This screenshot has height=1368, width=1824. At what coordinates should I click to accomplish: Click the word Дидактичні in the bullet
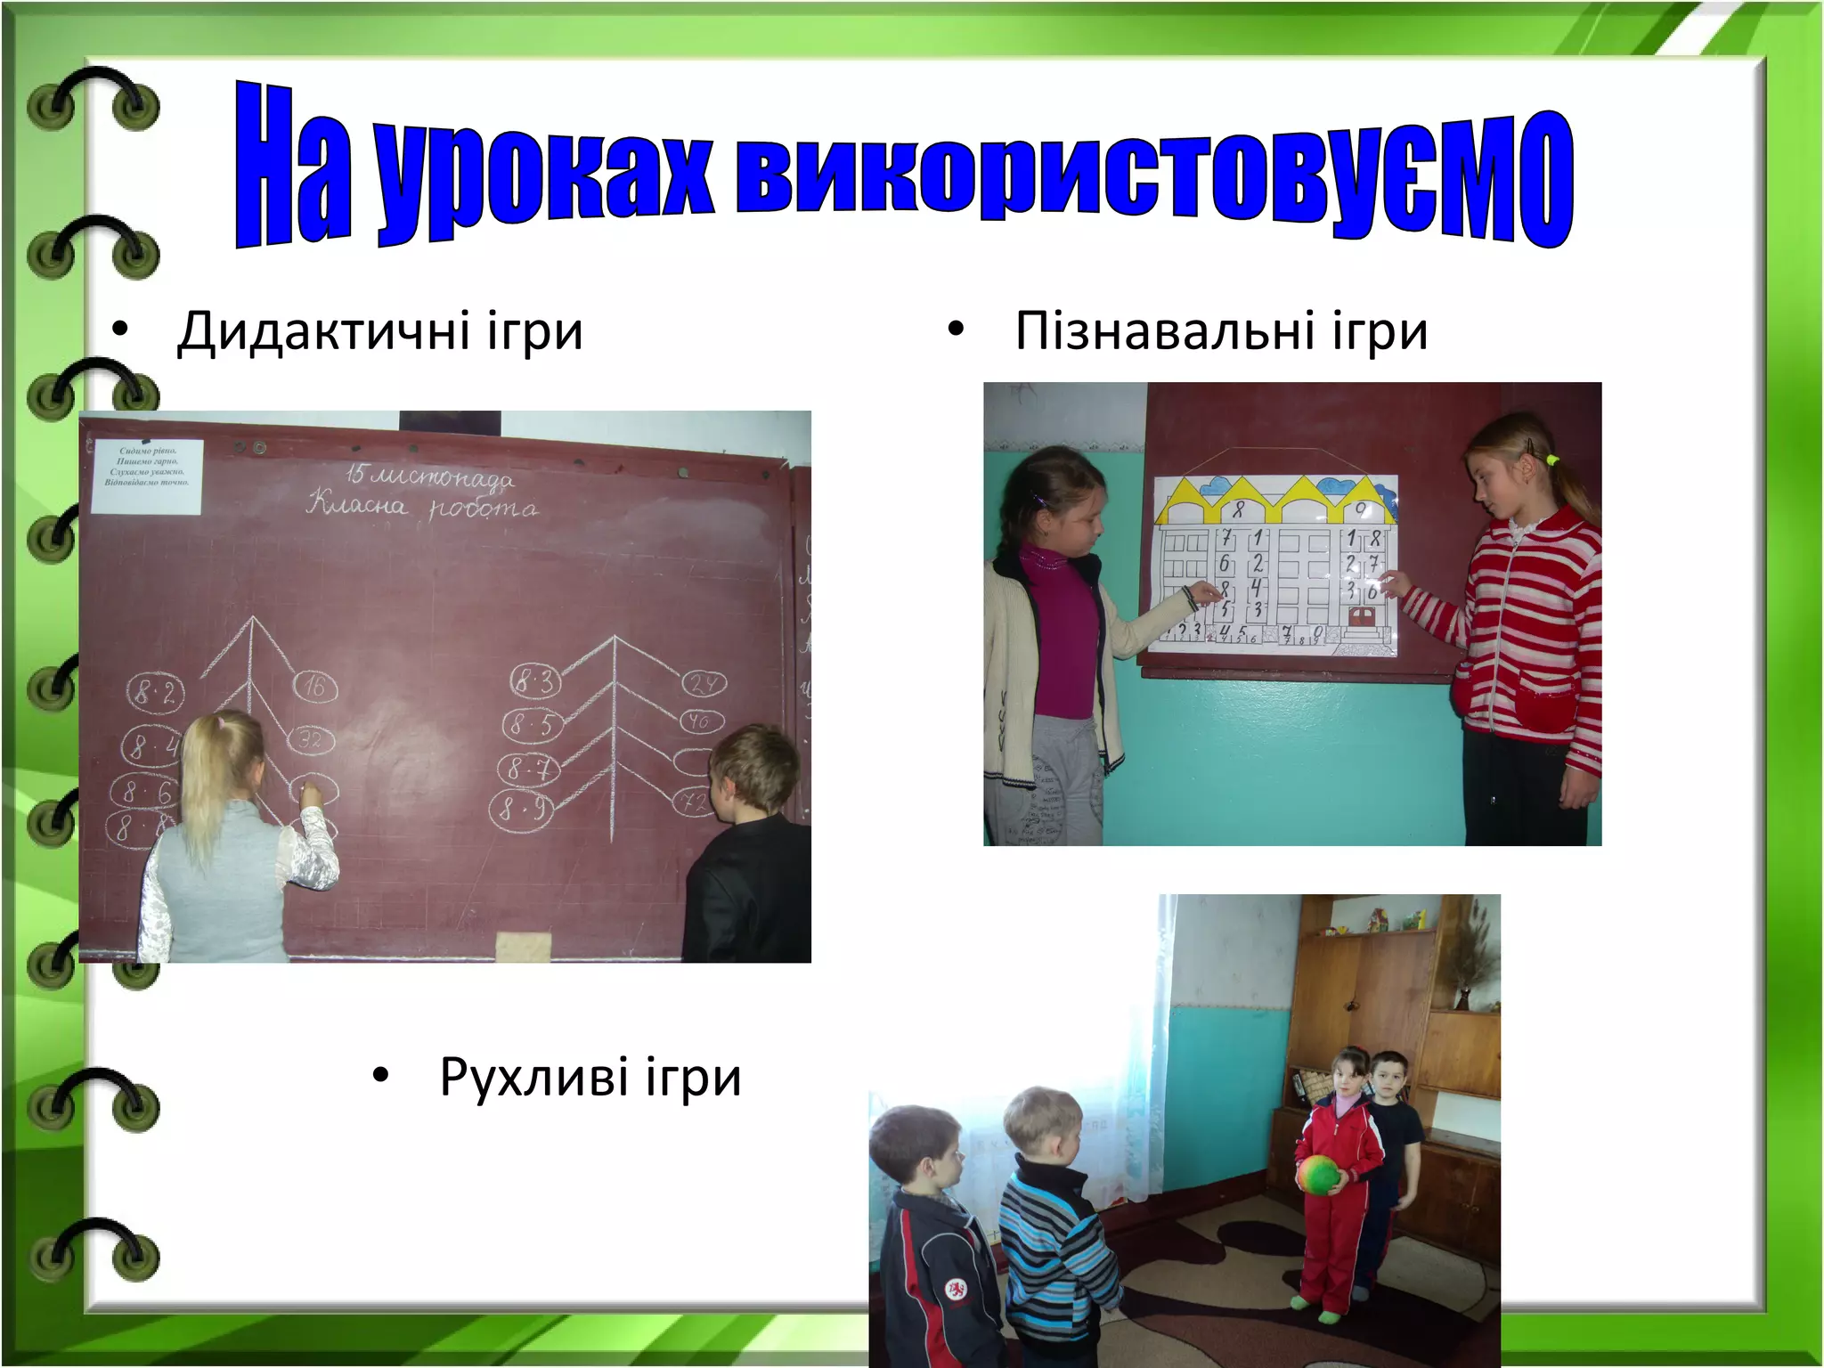pyautogui.click(x=323, y=332)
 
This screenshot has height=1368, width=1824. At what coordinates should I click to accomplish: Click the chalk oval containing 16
pyautogui.click(x=315, y=687)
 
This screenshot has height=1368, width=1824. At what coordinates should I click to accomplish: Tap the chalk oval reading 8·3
pyautogui.click(x=534, y=682)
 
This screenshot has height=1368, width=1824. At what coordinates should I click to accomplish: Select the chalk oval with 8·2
pyautogui.click(x=155, y=692)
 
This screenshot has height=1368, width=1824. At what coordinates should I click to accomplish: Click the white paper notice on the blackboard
pyautogui.click(x=148, y=476)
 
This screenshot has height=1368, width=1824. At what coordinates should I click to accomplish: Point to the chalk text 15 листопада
pyautogui.click(x=430, y=476)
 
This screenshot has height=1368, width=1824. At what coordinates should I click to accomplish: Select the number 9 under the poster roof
pyautogui.click(x=1361, y=511)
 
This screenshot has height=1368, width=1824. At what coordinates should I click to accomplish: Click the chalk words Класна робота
pyautogui.click(x=422, y=508)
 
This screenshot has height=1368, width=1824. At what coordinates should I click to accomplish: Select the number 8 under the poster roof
pyautogui.click(x=1238, y=511)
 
